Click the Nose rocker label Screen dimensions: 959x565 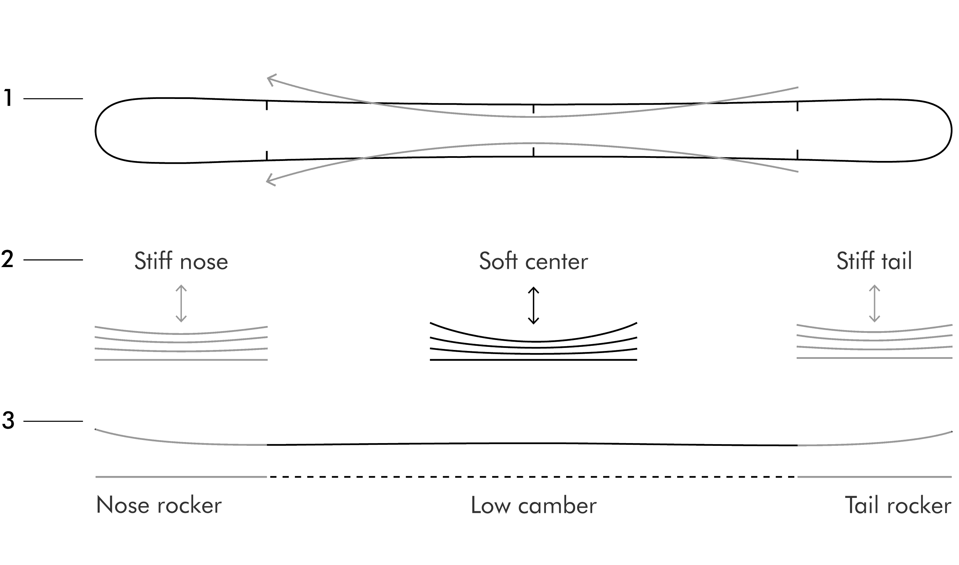tap(159, 505)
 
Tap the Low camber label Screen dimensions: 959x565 tap(533, 505)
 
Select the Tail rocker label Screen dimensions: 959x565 tap(898, 505)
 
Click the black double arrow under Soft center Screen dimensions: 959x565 tap(533, 305)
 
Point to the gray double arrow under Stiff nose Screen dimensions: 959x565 tap(181, 303)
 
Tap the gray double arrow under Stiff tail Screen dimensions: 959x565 tap(874, 303)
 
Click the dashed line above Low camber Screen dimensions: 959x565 tap(532, 477)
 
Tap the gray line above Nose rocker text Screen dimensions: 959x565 tap(181, 477)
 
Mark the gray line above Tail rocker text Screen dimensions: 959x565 tap(874, 477)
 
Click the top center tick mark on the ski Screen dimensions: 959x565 tap(533, 109)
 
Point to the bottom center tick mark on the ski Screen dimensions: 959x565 tap(533, 152)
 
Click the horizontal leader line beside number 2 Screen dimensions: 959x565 tap(53, 260)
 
